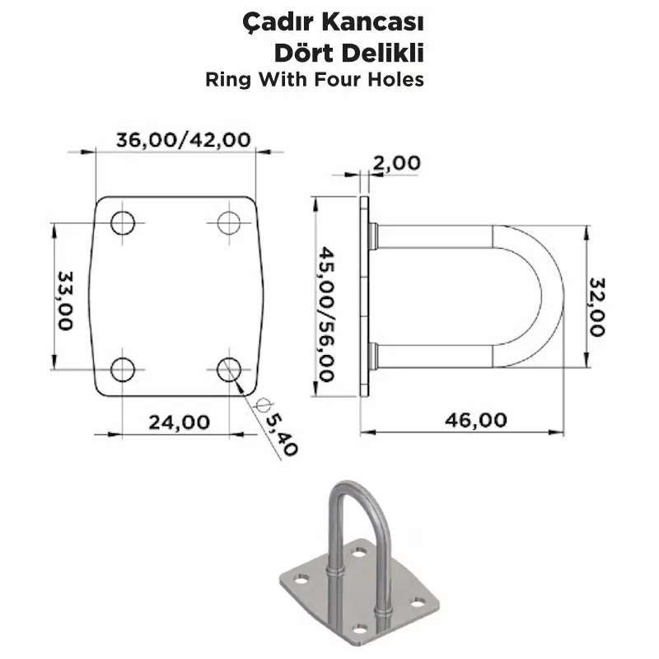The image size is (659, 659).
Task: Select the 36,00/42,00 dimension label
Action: [x=183, y=140]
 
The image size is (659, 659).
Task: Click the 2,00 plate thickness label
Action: [x=396, y=163]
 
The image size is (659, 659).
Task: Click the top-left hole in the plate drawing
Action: [x=123, y=222]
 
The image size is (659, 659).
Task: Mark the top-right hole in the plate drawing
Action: [x=229, y=222]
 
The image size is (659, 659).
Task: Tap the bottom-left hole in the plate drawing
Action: [x=123, y=369]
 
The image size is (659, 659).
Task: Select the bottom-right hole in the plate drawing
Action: [x=229, y=369]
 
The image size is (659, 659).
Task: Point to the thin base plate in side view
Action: [x=365, y=297]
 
